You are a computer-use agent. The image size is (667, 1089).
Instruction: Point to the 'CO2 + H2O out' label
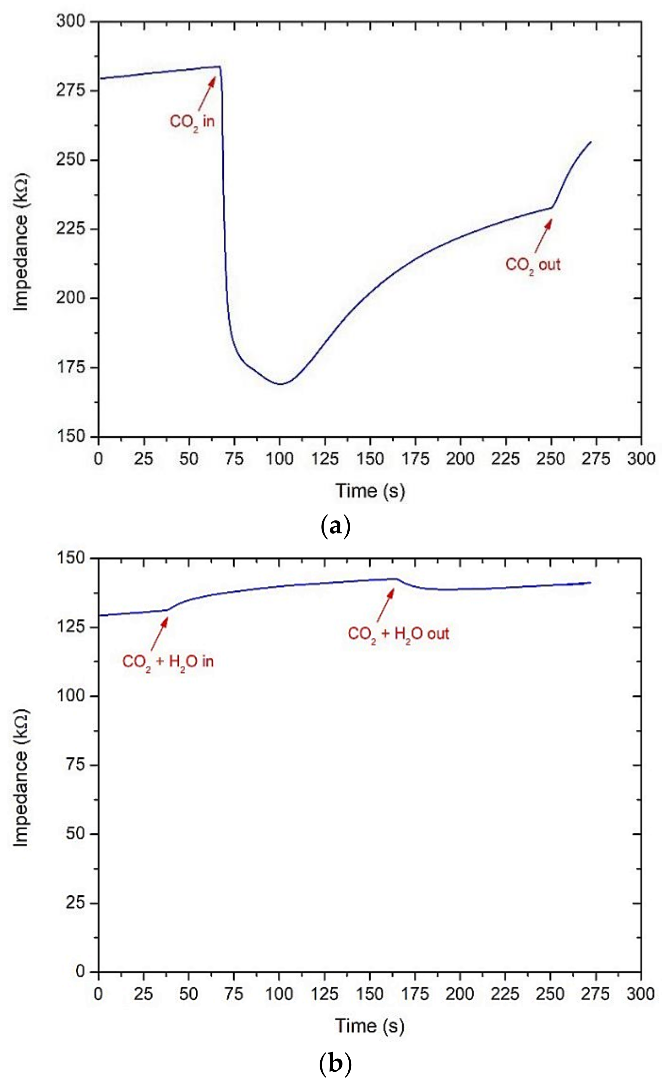(398, 634)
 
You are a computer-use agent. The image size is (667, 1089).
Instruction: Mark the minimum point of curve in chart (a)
(280, 384)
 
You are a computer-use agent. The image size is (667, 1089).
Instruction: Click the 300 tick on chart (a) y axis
(71, 21)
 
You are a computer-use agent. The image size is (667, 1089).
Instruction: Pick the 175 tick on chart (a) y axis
(71, 367)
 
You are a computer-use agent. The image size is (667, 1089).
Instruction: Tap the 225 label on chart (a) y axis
(71, 229)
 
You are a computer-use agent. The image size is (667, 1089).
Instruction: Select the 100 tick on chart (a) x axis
(279, 459)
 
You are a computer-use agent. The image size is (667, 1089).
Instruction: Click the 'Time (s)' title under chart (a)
(370, 491)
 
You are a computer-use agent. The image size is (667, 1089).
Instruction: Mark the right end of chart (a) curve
(591, 142)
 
